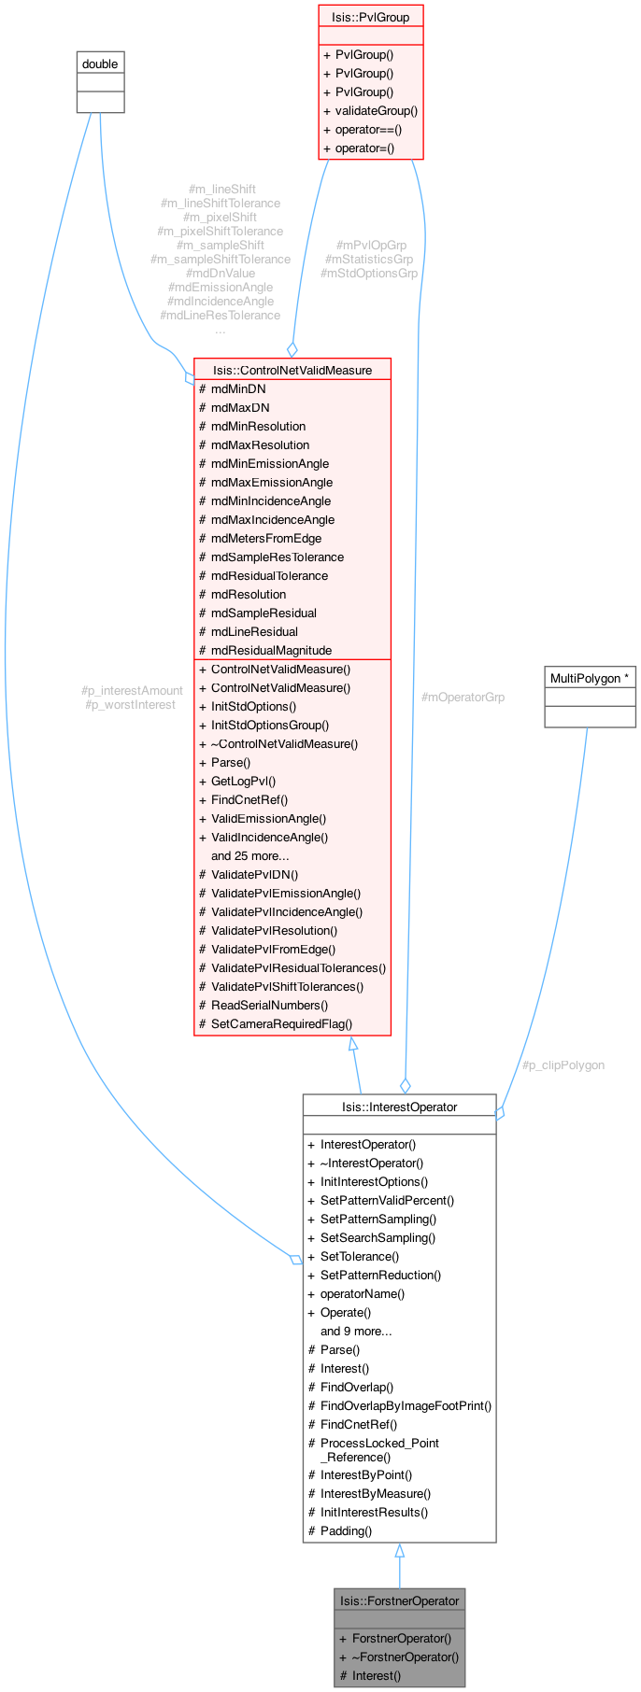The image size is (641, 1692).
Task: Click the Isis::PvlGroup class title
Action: [370, 17]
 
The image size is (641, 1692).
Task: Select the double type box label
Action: [100, 63]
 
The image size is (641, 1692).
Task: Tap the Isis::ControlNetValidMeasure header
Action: [292, 370]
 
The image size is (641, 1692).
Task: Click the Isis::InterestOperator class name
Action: [399, 1107]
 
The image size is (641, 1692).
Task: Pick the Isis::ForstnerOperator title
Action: [399, 1600]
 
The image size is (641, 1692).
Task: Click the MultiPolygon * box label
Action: [590, 678]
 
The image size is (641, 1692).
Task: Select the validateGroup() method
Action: [376, 110]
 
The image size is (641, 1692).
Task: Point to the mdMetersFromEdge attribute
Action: [265, 538]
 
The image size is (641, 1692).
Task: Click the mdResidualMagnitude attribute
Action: [271, 650]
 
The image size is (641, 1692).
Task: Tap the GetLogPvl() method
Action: [243, 781]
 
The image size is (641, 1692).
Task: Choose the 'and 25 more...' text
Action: [249, 855]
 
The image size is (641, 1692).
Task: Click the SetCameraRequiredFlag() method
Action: [281, 1023]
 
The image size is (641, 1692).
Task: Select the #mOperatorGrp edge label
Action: [463, 697]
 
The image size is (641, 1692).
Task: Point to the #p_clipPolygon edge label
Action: [563, 1065]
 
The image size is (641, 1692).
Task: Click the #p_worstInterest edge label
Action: [130, 704]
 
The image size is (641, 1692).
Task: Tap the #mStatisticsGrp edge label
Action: [368, 259]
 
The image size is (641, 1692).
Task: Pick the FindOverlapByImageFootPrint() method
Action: [406, 1405]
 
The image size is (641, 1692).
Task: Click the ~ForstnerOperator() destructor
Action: [405, 1657]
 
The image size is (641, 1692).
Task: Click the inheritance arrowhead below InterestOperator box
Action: [399, 1551]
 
